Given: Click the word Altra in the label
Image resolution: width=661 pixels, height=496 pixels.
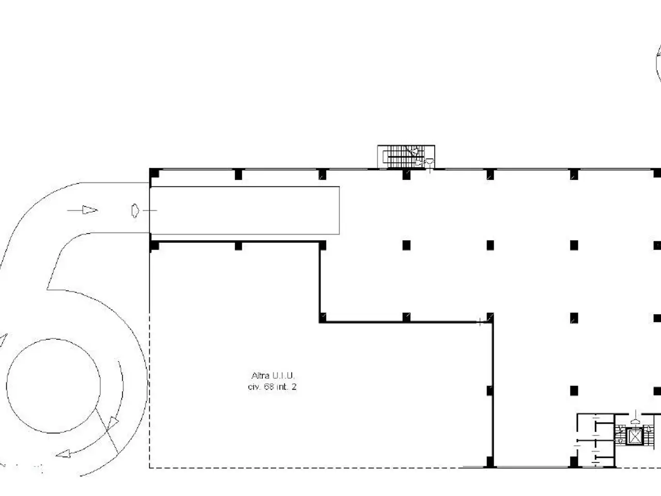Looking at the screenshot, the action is [x=260, y=376].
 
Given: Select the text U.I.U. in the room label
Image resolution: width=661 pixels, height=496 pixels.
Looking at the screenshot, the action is [x=283, y=376].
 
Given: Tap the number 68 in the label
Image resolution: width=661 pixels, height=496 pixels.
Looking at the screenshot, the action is [x=269, y=386].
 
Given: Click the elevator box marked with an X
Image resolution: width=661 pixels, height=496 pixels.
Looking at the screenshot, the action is [x=634, y=437].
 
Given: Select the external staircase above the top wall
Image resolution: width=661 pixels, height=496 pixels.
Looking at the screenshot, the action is [x=406, y=157].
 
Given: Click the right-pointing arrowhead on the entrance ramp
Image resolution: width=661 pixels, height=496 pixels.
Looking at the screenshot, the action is [x=90, y=210].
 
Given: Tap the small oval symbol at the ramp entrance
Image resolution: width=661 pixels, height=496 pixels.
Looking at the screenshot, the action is [x=135, y=210].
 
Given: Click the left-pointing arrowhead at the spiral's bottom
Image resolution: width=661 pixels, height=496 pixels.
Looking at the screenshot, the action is [x=63, y=454].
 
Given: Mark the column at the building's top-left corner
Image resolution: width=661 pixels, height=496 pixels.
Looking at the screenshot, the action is [x=154, y=174].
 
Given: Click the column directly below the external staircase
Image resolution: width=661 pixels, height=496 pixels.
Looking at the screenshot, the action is [x=406, y=174].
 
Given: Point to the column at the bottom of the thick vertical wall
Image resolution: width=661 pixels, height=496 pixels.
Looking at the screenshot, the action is [x=490, y=461].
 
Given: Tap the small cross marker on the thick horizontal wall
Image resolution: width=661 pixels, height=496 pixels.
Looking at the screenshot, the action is [x=480, y=322].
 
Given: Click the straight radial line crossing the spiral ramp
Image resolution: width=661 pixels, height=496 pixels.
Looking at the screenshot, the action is [x=106, y=431].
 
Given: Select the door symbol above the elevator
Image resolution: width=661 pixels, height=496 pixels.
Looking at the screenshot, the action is [x=635, y=421].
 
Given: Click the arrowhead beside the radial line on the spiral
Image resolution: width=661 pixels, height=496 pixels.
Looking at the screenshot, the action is [x=113, y=423].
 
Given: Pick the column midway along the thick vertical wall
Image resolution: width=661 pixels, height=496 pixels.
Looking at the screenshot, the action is [x=490, y=391].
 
